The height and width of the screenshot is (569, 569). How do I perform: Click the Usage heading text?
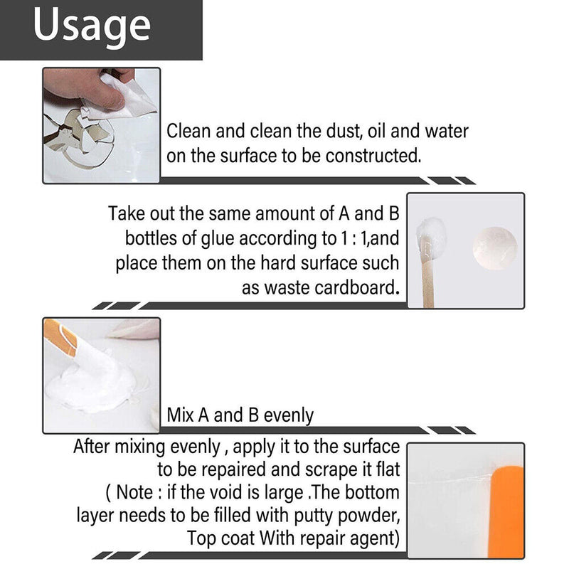[92, 26]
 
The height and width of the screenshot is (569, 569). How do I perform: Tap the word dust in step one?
[307, 132]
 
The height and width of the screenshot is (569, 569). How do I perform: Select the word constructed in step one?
[372, 156]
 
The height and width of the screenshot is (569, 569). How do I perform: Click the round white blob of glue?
[494, 247]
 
